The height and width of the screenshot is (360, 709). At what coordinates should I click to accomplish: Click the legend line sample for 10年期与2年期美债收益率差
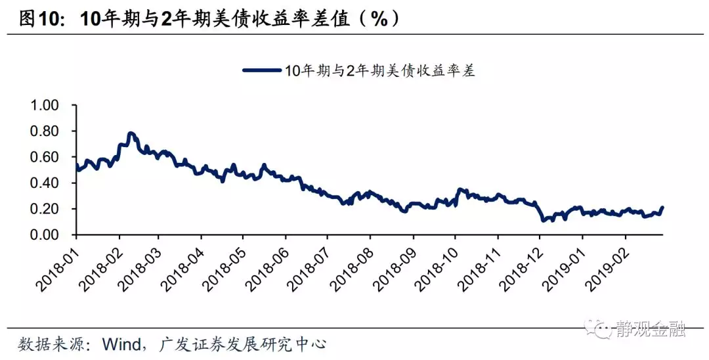262,71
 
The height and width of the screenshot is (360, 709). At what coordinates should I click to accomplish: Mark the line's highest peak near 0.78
131,133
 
